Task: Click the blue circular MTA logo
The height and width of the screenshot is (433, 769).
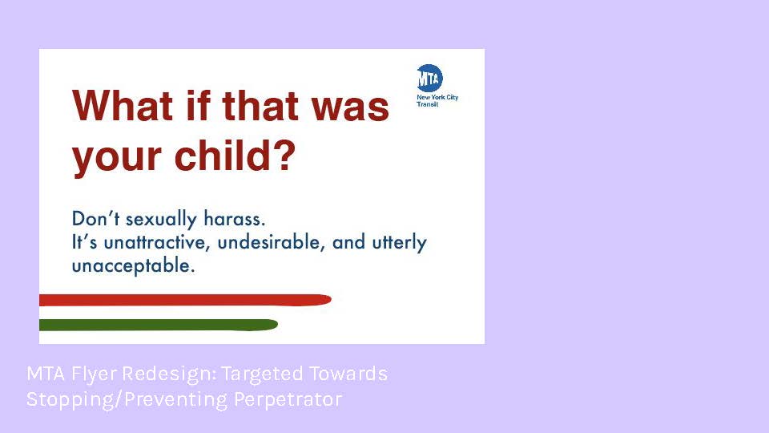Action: (429, 78)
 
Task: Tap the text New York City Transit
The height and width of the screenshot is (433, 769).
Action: (437, 101)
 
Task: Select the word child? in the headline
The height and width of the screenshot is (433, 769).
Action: (236, 155)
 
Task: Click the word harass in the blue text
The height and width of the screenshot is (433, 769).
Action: (235, 218)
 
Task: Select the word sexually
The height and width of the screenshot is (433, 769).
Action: (161, 220)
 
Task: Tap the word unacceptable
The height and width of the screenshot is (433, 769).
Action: (134, 266)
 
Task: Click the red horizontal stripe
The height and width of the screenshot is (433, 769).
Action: (185, 300)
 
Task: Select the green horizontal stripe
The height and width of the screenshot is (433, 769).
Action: (159, 325)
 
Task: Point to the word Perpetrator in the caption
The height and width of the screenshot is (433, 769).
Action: (288, 399)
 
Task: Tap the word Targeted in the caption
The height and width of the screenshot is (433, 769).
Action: (263, 374)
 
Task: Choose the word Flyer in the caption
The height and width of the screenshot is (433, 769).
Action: (94, 374)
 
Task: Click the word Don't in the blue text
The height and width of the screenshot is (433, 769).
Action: (95, 218)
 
